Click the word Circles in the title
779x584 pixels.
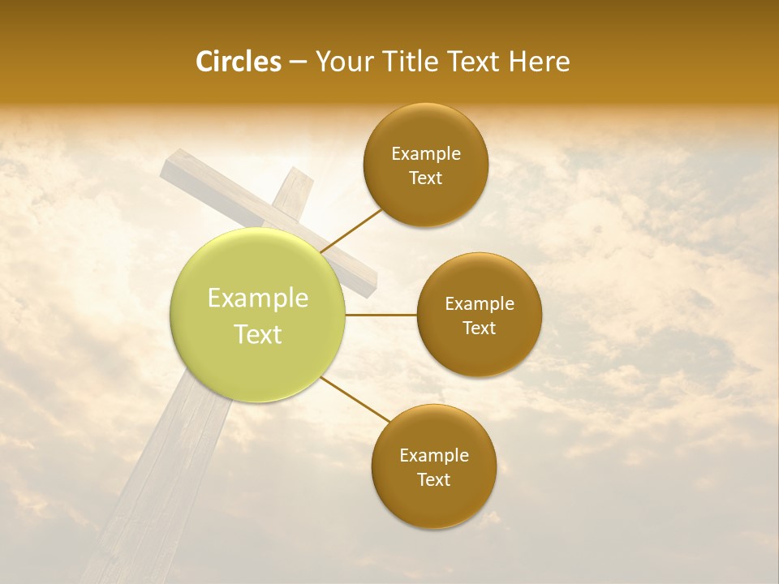[x=239, y=62]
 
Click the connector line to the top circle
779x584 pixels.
[x=351, y=230]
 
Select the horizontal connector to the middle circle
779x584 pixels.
[x=381, y=315]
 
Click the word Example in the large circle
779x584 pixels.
[x=258, y=298]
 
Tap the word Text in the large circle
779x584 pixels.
[x=258, y=334]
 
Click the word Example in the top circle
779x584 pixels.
[x=425, y=154]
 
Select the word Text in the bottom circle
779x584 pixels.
[x=433, y=479]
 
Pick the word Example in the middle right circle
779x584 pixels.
[x=479, y=304]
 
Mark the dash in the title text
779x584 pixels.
[x=297, y=62]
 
